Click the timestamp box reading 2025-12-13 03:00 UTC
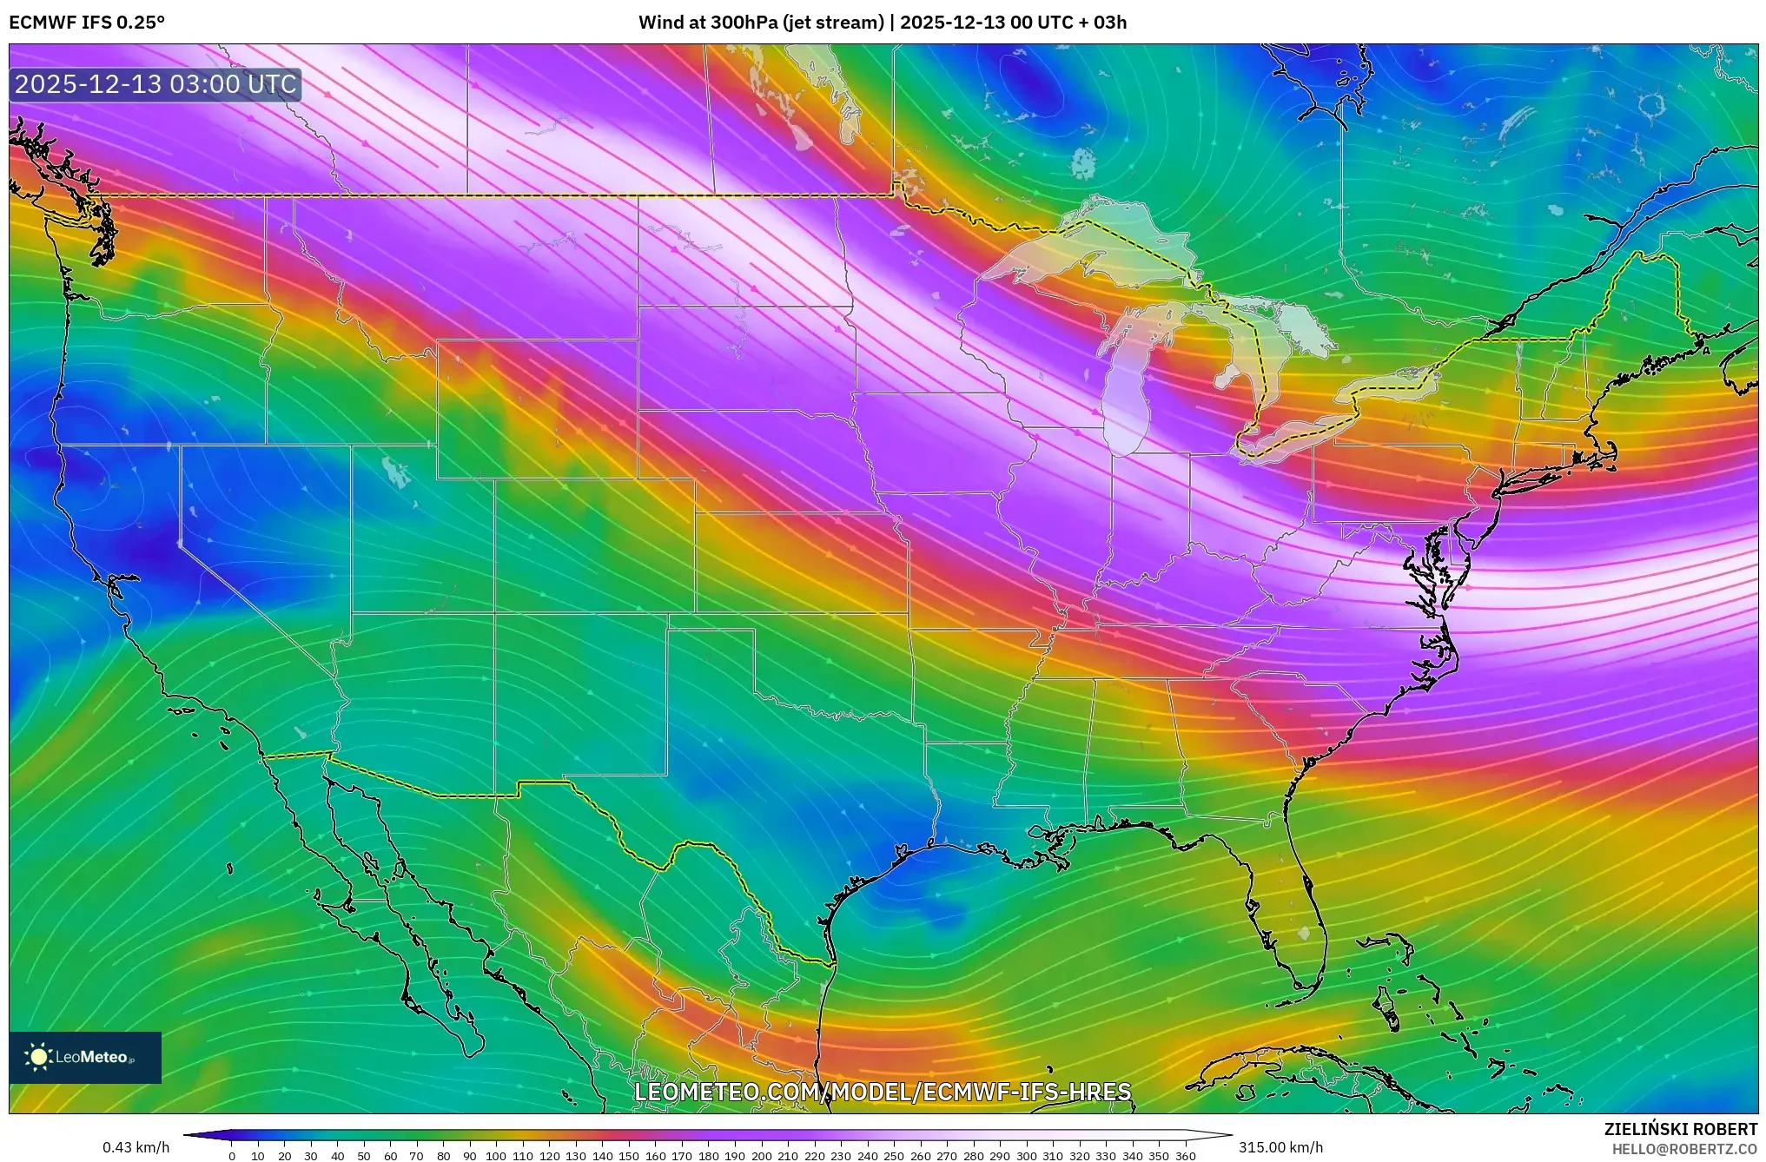tap(155, 84)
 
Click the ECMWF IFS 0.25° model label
tap(86, 23)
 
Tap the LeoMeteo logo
tap(85, 1057)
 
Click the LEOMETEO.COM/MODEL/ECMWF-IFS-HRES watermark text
tap(883, 1092)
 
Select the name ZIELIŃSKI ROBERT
tap(1680, 1130)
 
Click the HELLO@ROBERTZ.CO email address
tap(1684, 1149)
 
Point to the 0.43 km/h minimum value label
tap(136, 1147)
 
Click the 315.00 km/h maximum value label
tap(1280, 1147)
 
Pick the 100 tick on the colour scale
tap(496, 1156)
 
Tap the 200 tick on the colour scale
tap(761, 1156)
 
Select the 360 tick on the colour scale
tap(1186, 1156)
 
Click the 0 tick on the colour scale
tap(231, 1156)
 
